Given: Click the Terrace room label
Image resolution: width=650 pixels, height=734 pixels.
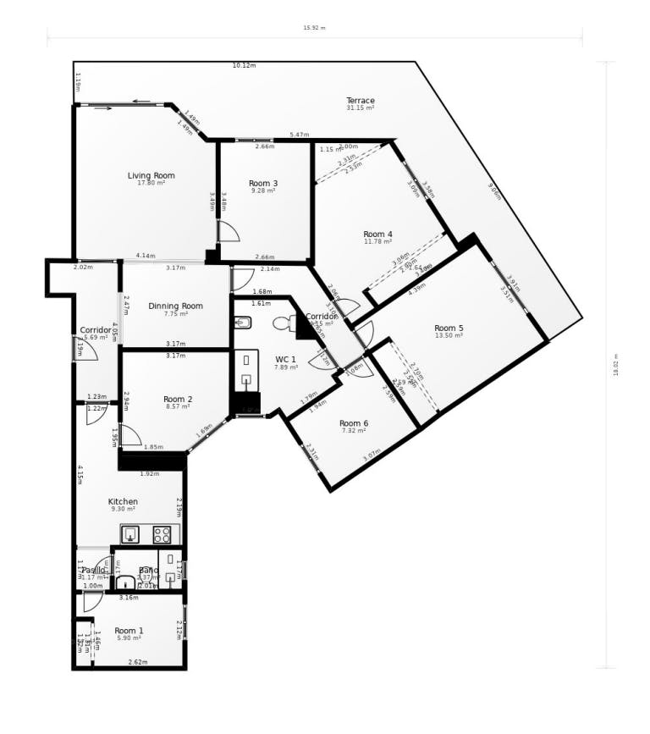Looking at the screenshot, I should (361, 101).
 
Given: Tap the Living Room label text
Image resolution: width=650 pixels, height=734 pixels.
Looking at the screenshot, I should (151, 176).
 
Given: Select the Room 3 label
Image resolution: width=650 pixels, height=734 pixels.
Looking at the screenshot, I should (263, 183).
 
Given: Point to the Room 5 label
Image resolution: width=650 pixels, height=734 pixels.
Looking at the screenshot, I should (449, 328).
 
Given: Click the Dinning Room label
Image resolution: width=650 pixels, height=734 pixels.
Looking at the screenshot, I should (175, 306).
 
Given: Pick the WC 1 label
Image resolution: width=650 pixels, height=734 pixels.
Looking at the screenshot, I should (286, 359).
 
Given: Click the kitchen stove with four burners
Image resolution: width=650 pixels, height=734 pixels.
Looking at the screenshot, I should (162, 535).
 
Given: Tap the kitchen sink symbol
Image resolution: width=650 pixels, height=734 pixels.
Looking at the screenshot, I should (130, 534).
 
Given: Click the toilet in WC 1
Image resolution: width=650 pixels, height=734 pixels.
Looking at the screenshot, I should (284, 323).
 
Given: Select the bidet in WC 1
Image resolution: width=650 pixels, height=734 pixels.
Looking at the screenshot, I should (242, 322).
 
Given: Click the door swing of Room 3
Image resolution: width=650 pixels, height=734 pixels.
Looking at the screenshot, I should (228, 231).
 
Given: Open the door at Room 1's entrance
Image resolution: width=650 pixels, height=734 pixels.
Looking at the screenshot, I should (92, 601).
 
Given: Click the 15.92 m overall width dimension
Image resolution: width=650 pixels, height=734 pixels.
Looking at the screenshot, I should (314, 28).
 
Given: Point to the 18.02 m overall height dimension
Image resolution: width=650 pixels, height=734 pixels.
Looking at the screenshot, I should (616, 365).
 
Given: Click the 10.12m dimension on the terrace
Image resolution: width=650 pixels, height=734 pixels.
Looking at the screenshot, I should (244, 65).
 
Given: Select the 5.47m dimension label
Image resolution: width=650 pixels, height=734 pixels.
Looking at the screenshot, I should (299, 135).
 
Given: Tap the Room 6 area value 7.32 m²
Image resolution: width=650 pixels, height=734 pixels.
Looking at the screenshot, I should (354, 431).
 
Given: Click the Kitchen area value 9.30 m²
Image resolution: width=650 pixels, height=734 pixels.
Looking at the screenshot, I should (123, 510).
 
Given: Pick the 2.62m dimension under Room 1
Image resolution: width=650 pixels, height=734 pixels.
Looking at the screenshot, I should (137, 662).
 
